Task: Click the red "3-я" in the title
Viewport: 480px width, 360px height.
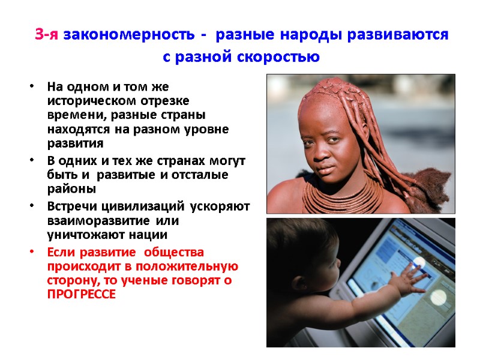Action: (47, 35)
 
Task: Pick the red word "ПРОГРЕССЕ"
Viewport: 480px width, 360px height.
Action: (81, 295)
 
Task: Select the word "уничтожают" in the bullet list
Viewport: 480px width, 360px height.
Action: (77, 234)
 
